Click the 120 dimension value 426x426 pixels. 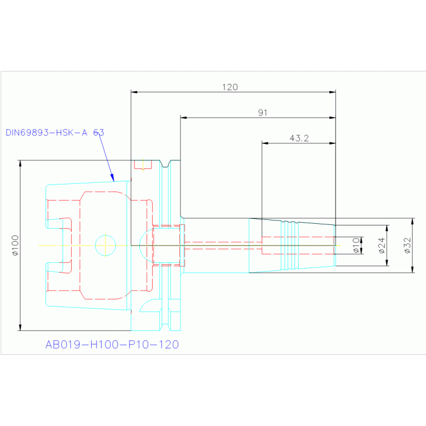(229, 87)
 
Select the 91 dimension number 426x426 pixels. (263, 113)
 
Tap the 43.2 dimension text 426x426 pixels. (299, 138)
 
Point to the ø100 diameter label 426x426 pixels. (15, 245)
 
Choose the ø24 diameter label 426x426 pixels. (382, 245)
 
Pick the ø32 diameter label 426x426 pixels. (407, 245)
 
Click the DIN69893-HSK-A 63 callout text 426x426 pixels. (55, 133)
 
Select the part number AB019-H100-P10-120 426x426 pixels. (112, 344)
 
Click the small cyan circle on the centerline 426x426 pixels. (105, 244)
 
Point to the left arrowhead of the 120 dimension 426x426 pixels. (134, 92)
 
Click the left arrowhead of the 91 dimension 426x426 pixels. (183, 118)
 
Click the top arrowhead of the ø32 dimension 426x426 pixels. (413, 220)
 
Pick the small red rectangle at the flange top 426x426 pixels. (143, 165)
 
